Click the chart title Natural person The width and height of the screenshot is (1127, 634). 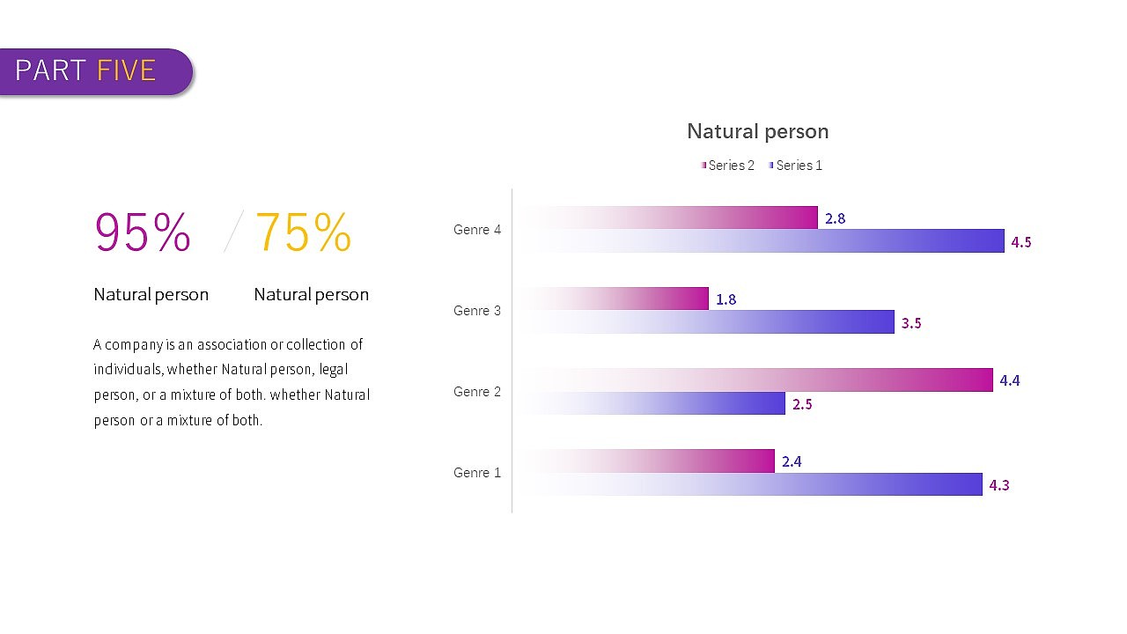coord(757,132)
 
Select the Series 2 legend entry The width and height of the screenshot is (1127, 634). coord(730,166)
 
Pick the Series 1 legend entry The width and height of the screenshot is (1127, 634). coord(798,166)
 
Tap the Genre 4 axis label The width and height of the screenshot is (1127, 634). coord(477,230)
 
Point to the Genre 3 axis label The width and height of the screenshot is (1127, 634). coord(477,311)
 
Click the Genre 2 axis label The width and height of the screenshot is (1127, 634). coord(477,392)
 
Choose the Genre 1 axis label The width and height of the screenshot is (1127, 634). coord(477,473)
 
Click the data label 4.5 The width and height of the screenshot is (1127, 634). coord(1021,242)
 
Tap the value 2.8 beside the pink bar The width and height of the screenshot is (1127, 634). coord(835,218)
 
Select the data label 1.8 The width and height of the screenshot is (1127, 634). coord(726,299)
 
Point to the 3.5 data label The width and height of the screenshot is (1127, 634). coord(911,323)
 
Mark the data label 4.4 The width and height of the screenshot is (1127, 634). coord(1010,380)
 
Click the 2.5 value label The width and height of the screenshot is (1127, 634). coord(802,404)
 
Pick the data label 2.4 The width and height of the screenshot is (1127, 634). coord(792,461)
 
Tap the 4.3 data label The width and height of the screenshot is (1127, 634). coord(999,485)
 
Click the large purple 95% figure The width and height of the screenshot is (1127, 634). coord(143,233)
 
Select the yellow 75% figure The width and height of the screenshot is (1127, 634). coord(303,233)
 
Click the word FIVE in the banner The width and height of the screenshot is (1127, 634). coord(127,70)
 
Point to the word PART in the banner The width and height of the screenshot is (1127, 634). coord(50,70)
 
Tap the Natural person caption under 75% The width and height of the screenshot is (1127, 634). coord(311,295)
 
